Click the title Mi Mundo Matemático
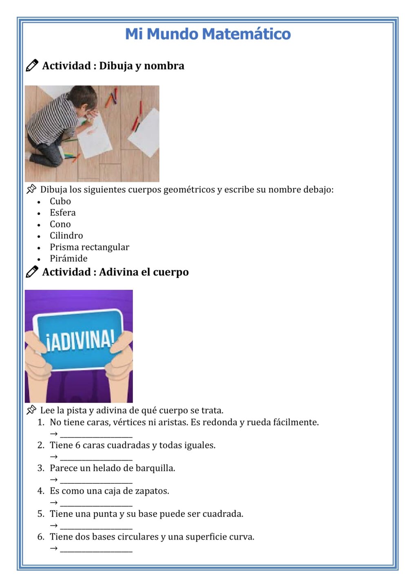pyautogui.click(x=207, y=34)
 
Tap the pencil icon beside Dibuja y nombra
pyautogui.click(x=32, y=66)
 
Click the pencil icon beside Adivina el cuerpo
pyautogui.click(x=32, y=272)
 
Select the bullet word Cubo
pyautogui.click(x=60, y=201)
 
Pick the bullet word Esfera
pyautogui.click(x=63, y=213)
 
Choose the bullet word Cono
pyautogui.click(x=60, y=224)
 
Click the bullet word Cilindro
pyautogui.click(x=66, y=236)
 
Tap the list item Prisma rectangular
pyautogui.click(x=89, y=247)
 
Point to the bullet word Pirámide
pyautogui.click(x=68, y=258)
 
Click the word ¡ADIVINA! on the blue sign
pyautogui.click(x=80, y=341)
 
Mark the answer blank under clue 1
pyautogui.click(x=96, y=435)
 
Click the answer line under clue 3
pyautogui.click(x=96, y=480)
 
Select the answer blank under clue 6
pyautogui.click(x=96, y=549)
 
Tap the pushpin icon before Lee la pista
pyautogui.click(x=31, y=410)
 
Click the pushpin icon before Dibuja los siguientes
pyautogui.click(x=31, y=189)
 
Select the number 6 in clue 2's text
pyautogui.click(x=78, y=445)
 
